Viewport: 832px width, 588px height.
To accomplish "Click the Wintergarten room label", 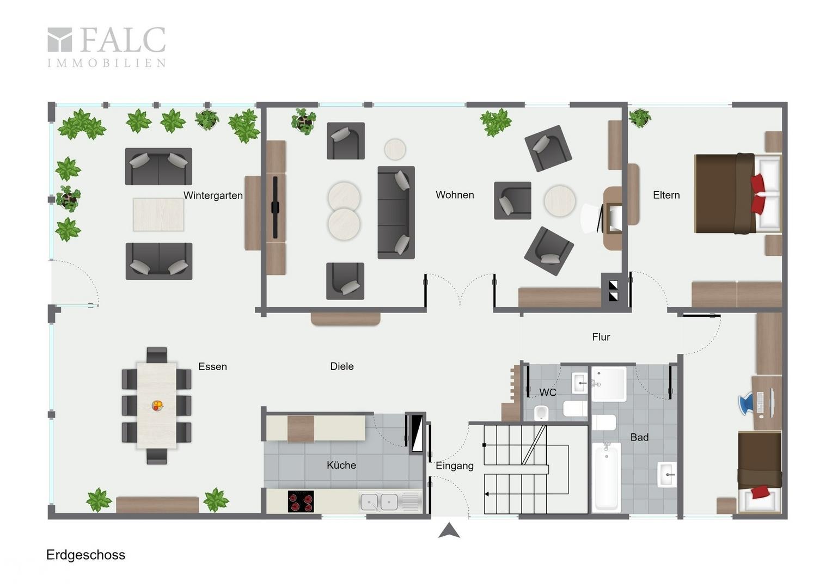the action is [213, 195].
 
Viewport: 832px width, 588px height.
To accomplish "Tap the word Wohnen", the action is [455, 194].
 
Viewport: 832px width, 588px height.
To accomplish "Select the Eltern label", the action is [666, 195].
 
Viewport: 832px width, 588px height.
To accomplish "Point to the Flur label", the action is [601, 337].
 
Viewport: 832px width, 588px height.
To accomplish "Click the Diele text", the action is [342, 366].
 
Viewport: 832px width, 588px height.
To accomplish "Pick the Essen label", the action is [212, 366].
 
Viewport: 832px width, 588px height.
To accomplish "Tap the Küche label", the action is [341, 465].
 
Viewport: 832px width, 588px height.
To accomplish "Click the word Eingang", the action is [454, 466].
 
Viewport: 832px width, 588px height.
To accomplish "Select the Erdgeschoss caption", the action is [86, 555].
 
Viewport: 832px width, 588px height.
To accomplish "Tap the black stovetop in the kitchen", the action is [301, 501].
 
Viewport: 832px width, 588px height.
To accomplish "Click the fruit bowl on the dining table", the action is [157, 405].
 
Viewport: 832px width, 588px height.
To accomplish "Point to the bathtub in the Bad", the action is [606, 477].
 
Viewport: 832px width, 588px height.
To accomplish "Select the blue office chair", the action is [746, 404].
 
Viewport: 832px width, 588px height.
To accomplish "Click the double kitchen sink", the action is [378, 502].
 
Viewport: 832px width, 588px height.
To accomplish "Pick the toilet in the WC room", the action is [542, 413].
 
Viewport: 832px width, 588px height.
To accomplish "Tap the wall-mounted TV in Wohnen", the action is [275, 207].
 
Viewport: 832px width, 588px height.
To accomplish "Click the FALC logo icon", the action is [59, 40].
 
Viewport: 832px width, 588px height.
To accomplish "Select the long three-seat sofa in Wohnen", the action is [396, 212].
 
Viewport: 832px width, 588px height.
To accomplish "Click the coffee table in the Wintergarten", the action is [158, 215].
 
